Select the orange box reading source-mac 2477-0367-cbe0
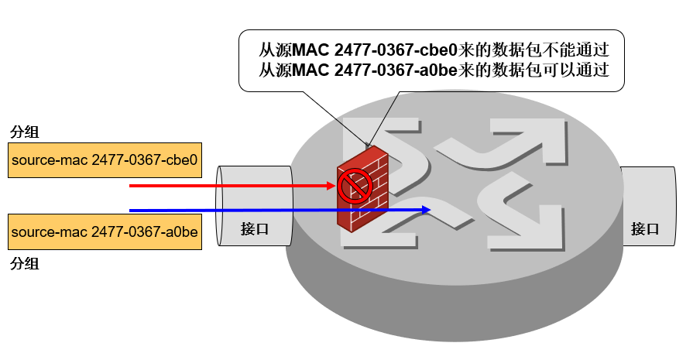105,161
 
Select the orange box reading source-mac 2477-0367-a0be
105,232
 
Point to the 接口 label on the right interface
645,228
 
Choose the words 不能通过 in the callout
581,51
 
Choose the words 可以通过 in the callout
581,72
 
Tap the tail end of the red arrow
132,186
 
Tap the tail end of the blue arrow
132,210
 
